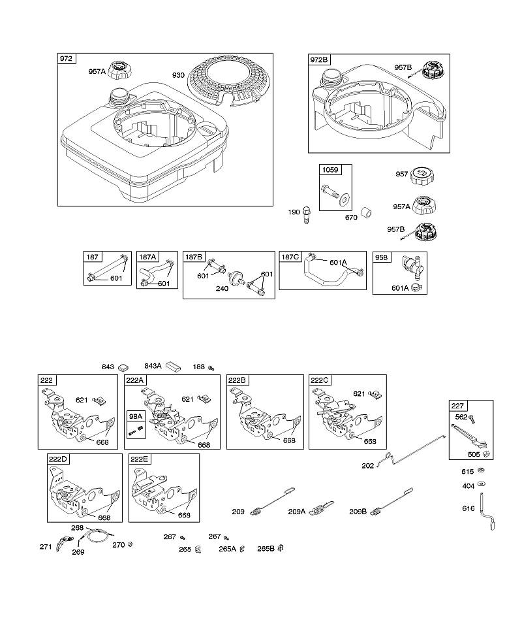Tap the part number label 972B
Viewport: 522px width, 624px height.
319,59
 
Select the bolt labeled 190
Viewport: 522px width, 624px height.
306,214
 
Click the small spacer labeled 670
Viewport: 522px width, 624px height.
366,213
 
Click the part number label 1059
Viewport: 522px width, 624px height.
330,170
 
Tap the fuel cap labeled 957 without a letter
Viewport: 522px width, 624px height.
422,175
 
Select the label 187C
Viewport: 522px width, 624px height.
290,257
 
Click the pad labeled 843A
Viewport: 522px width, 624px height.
173,367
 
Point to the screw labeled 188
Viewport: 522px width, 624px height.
211,367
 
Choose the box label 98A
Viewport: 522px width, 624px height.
136,416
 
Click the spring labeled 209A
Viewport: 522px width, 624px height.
322,508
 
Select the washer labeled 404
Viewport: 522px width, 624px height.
481,484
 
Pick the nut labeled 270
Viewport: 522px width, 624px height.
129,544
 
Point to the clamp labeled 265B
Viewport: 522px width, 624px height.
281,548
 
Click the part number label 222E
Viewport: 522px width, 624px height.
139,459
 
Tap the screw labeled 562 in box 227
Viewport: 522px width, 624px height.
472,418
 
